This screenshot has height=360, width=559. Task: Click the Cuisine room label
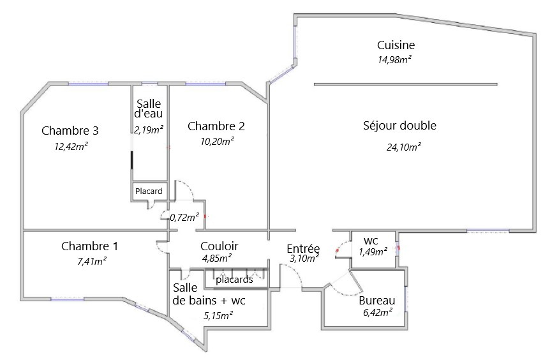coord(396,45)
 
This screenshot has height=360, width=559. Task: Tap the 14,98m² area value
coord(394,59)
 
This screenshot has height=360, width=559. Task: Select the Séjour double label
coord(399,126)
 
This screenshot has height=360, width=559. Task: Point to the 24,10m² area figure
coord(403,147)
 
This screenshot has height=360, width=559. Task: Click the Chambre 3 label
coord(70,130)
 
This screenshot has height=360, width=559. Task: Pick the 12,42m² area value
coord(71,146)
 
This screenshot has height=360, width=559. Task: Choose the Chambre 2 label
coord(216,126)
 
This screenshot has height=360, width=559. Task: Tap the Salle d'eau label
coord(149,109)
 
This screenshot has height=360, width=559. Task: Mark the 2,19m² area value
coord(149,130)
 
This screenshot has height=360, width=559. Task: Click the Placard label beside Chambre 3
coord(149,191)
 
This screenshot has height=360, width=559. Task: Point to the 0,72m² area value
coord(184,217)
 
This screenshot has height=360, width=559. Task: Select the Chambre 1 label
coord(89,246)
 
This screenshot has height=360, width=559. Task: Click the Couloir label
coord(220,246)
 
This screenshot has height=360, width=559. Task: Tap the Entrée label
coord(303,248)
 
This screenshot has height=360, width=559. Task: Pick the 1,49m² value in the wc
coord(373,252)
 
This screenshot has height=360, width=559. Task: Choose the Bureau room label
coord(377,301)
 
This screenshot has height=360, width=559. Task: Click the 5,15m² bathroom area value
coord(218,315)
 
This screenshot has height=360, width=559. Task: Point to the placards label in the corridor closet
coord(234,280)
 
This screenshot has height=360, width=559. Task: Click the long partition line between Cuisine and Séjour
coord(406,84)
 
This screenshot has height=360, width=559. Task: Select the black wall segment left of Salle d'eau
coord(132,160)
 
